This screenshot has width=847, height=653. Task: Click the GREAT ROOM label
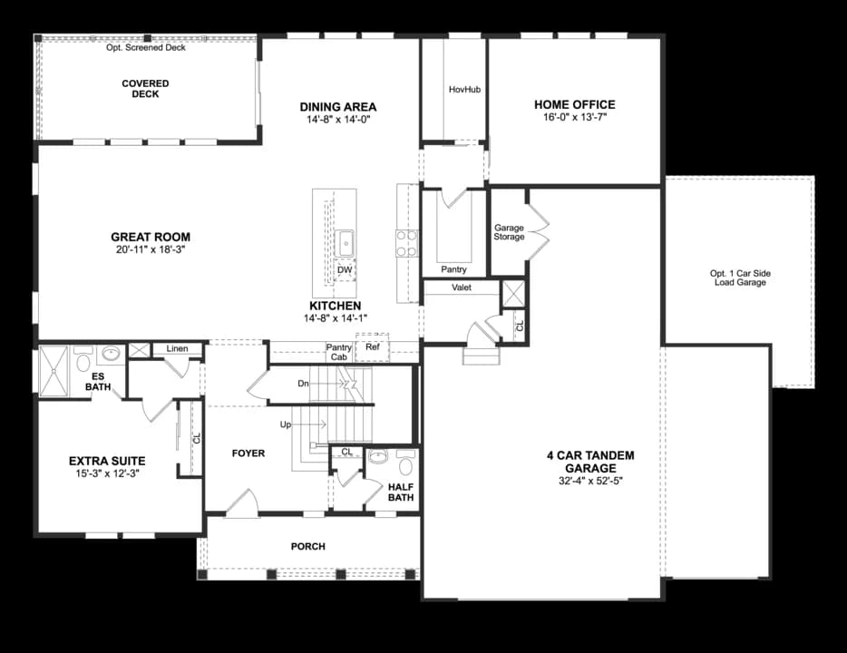pos(151,237)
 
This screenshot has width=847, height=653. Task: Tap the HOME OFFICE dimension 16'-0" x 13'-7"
pos(575,117)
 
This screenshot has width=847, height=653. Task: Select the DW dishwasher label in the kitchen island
pos(345,269)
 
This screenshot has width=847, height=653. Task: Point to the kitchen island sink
pos(345,243)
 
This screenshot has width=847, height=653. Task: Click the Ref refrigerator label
pos(372,346)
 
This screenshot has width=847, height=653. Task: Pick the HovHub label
pos(464,89)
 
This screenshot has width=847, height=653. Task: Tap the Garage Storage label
pos(509,232)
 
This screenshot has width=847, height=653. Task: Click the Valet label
pos(462,288)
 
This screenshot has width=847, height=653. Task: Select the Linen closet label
pos(177,348)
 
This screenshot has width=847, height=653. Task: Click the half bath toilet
pos(405,463)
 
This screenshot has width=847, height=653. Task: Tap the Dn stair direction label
pos(303,384)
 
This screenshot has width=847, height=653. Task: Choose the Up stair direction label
pos(286,424)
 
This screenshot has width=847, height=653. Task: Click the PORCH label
pos(308,547)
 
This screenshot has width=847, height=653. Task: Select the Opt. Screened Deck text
pos(146,47)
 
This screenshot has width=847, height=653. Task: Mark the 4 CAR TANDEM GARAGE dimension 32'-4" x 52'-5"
pos(591,481)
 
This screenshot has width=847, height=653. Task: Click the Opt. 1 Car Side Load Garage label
pos(740,278)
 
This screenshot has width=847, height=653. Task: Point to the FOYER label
pos(248,453)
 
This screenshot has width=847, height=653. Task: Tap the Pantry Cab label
pos(338,352)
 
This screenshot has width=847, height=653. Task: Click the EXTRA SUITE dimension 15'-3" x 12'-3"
pos(108,473)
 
